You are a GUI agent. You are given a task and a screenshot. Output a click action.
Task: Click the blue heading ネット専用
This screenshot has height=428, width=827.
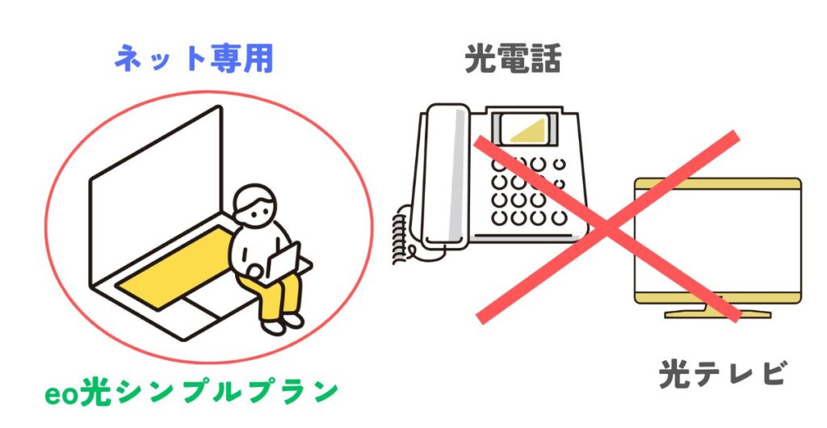(x=194, y=58)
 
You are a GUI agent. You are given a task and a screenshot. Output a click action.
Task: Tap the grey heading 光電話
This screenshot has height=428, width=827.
(x=513, y=58)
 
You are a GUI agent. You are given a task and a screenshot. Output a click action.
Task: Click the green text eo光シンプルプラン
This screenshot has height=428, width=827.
(x=191, y=392)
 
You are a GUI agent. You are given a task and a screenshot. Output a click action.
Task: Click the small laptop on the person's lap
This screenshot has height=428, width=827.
(x=283, y=262)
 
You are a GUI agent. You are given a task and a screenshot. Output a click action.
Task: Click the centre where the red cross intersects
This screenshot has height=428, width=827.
(x=607, y=227)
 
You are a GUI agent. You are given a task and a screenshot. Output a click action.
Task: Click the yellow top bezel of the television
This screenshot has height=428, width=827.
(x=717, y=184)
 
